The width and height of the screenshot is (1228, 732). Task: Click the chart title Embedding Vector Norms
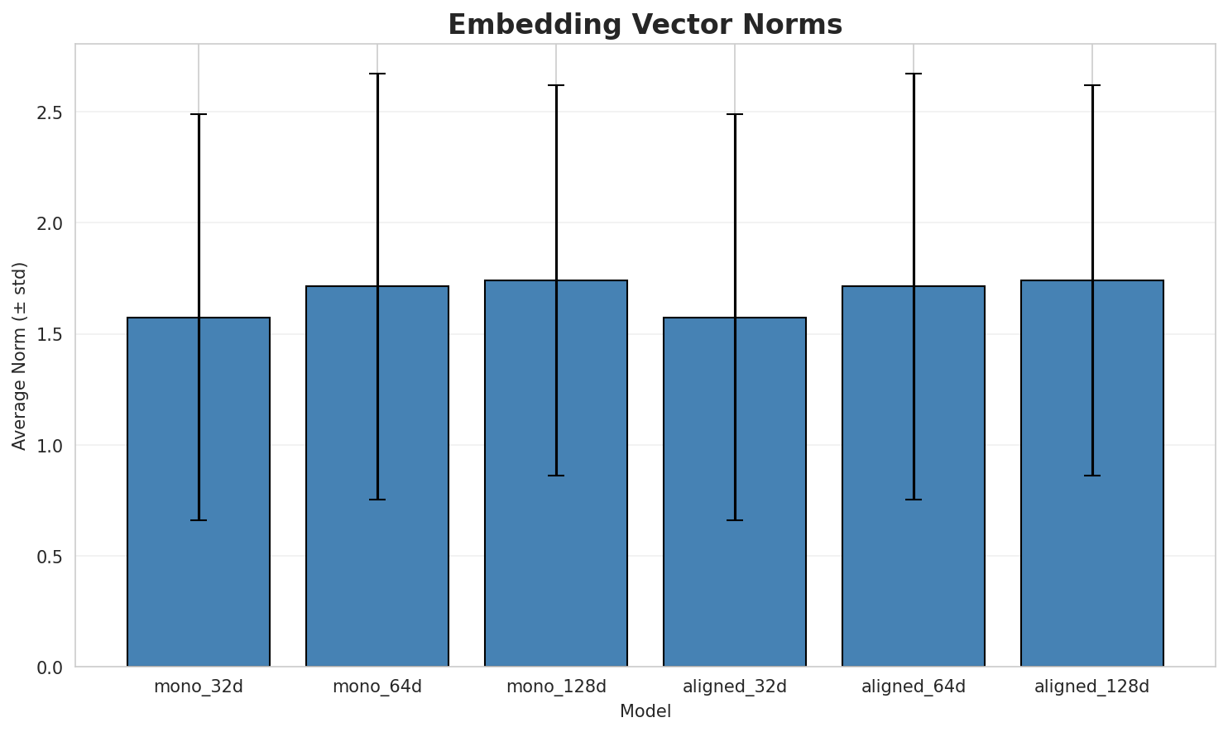645,25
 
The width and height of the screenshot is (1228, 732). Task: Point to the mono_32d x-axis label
199,687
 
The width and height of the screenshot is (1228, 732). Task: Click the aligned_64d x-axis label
914,687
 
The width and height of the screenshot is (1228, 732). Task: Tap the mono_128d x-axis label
556,687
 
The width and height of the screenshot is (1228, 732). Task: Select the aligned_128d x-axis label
1092,687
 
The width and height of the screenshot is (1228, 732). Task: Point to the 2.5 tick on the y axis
54,112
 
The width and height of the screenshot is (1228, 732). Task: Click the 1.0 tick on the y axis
54,446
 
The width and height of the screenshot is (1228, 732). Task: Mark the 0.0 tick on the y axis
54,667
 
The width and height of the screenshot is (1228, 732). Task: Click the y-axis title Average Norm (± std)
20,356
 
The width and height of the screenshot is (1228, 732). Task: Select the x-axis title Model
645,712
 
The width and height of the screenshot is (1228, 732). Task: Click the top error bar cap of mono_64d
377,74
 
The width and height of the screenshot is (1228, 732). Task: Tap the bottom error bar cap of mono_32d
199,520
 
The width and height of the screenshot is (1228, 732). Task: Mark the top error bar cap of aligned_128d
1092,85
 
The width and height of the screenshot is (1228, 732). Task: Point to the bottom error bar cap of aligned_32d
735,520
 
